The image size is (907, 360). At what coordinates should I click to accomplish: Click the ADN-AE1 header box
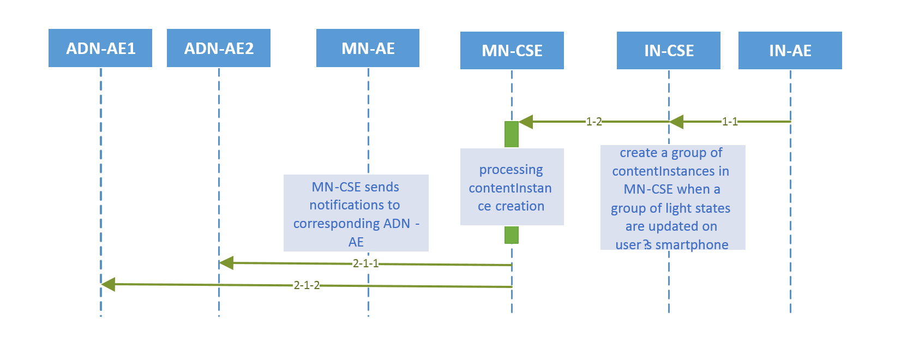(100, 49)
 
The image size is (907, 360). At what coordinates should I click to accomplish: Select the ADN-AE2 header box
(219, 49)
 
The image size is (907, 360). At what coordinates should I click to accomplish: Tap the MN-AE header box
(368, 49)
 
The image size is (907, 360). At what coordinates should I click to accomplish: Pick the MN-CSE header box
(512, 51)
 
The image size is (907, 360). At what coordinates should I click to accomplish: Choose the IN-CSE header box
(669, 51)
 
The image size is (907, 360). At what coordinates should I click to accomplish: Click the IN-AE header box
(790, 51)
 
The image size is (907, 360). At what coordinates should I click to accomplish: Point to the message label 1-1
(729, 122)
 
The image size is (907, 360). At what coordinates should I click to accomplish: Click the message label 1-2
(593, 122)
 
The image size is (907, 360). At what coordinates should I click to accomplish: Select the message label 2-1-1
(365, 263)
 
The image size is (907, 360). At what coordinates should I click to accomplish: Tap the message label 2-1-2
(306, 285)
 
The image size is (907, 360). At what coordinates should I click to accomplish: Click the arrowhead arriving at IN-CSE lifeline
(676, 122)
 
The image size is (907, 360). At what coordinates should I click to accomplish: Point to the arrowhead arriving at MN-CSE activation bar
(525, 122)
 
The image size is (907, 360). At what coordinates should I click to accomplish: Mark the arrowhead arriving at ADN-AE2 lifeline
(226, 263)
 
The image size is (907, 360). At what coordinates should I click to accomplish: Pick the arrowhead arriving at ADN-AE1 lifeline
(108, 284)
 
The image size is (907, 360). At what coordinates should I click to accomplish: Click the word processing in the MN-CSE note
(511, 170)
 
